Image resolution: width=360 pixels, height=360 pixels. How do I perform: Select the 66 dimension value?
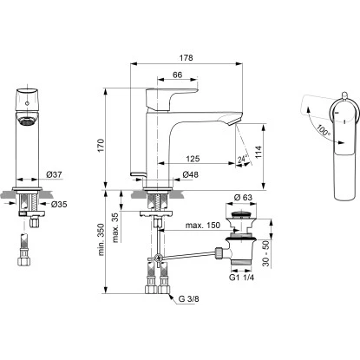coord(176,76)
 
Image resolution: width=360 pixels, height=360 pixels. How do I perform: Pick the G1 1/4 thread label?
coord(239,279)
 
